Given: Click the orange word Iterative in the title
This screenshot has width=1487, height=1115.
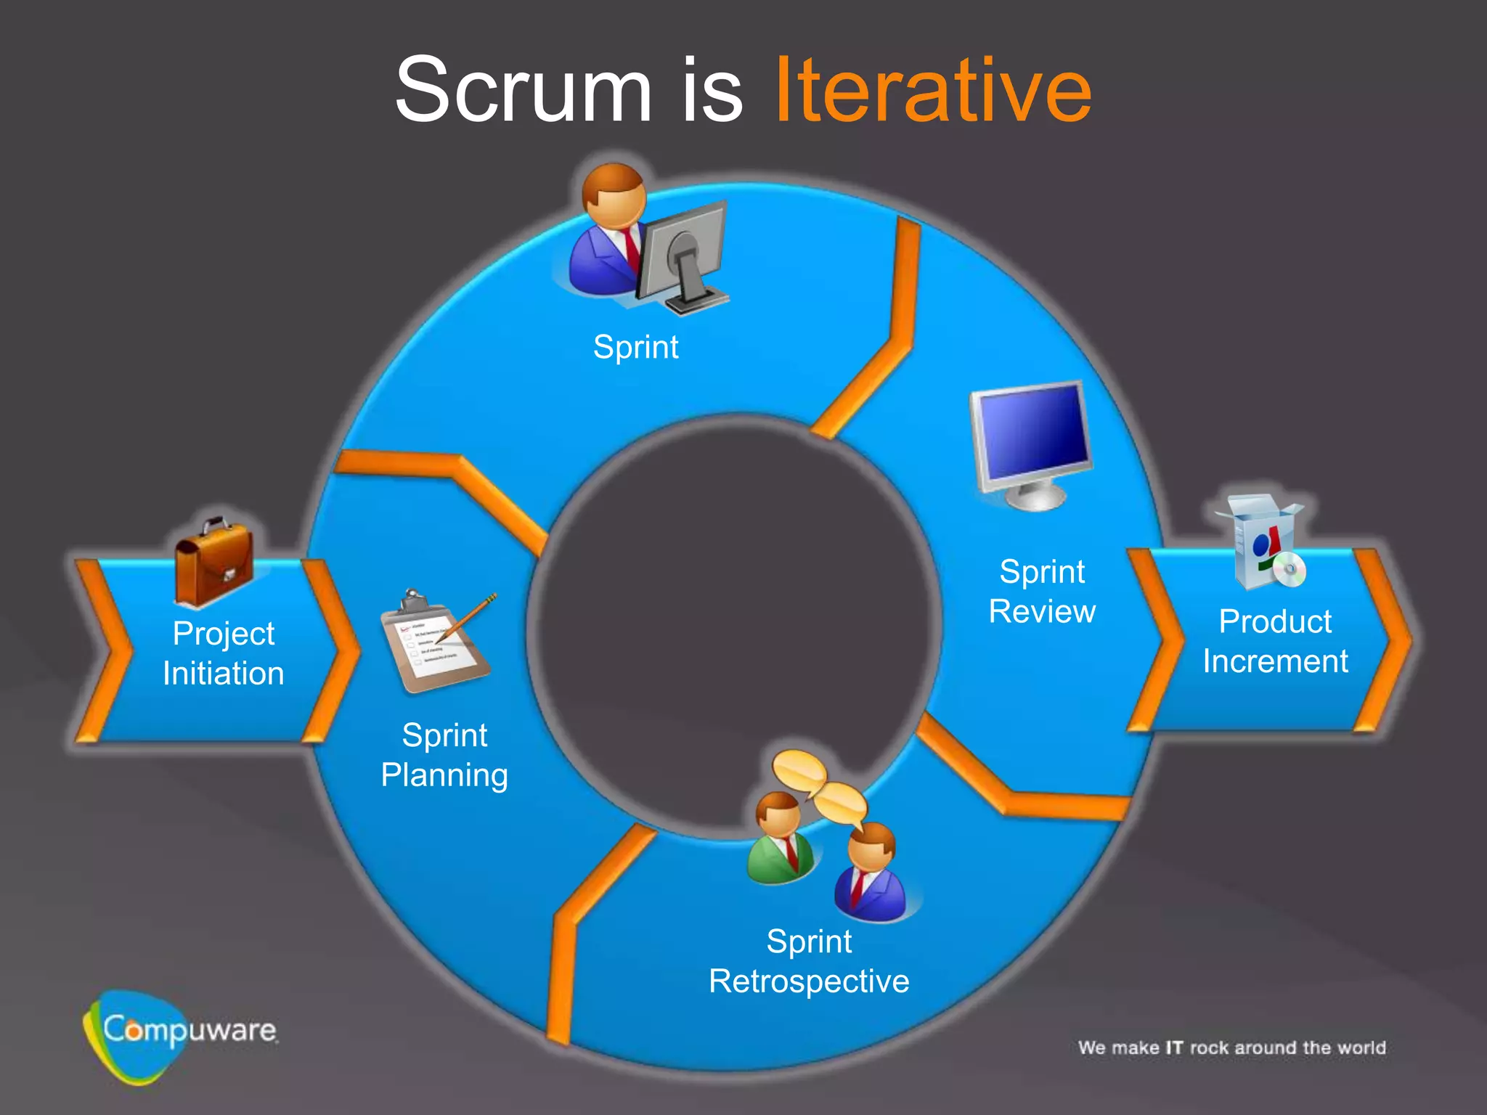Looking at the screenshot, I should pos(933,91).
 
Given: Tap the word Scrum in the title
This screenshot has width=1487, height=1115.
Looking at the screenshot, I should pos(523,91).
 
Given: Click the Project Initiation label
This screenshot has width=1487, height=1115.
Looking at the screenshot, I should pos(224,653).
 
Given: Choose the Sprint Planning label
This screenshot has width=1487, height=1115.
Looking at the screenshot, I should pos(444,755).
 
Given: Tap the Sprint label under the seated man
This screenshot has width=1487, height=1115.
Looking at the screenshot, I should pos(635,347).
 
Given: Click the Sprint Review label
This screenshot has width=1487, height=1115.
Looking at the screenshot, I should pos(1042,592).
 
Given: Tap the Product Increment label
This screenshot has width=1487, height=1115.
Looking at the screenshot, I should pos(1275,642).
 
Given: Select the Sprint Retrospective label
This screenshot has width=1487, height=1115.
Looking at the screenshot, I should pos(809,961).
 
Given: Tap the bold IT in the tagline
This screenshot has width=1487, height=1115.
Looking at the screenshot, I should pos(1174,1047).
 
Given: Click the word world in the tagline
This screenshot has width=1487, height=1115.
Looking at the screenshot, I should pos(1361,1047).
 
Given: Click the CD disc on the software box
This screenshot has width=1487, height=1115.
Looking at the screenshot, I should pos(1290,570).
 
